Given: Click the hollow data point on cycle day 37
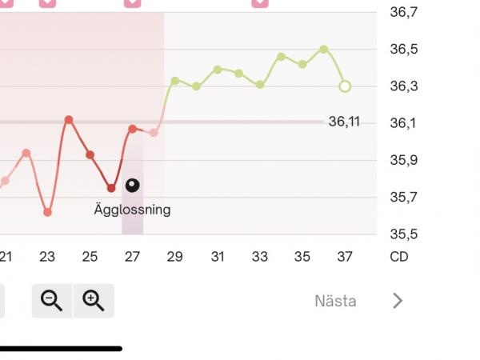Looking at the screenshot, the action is (x=345, y=86).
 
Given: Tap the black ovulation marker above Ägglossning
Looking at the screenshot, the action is (x=133, y=186).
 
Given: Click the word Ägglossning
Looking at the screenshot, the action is (x=132, y=210).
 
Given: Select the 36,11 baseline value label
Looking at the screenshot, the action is (x=344, y=122).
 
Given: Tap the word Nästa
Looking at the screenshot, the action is (x=335, y=301).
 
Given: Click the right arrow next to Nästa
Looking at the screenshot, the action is (x=398, y=301).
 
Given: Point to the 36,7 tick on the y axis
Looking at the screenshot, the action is (x=404, y=12).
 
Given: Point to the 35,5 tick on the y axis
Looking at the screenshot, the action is (x=404, y=234).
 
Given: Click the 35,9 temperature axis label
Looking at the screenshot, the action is (x=404, y=160).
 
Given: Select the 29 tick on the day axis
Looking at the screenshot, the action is (x=174, y=257).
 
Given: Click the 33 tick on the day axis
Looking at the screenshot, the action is (x=260, y=257).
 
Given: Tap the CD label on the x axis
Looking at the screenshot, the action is (x=399, y=257).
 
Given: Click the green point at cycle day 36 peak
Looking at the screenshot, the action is (x=324, y=49).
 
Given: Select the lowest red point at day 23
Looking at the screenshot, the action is (x=47, y=212).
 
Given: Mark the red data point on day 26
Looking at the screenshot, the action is (x=111, y=188).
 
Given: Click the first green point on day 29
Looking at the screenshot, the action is (x=175, y=81).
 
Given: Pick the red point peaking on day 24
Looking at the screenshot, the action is (x=69, y=119).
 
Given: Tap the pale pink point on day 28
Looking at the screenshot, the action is (x=154, y=133).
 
